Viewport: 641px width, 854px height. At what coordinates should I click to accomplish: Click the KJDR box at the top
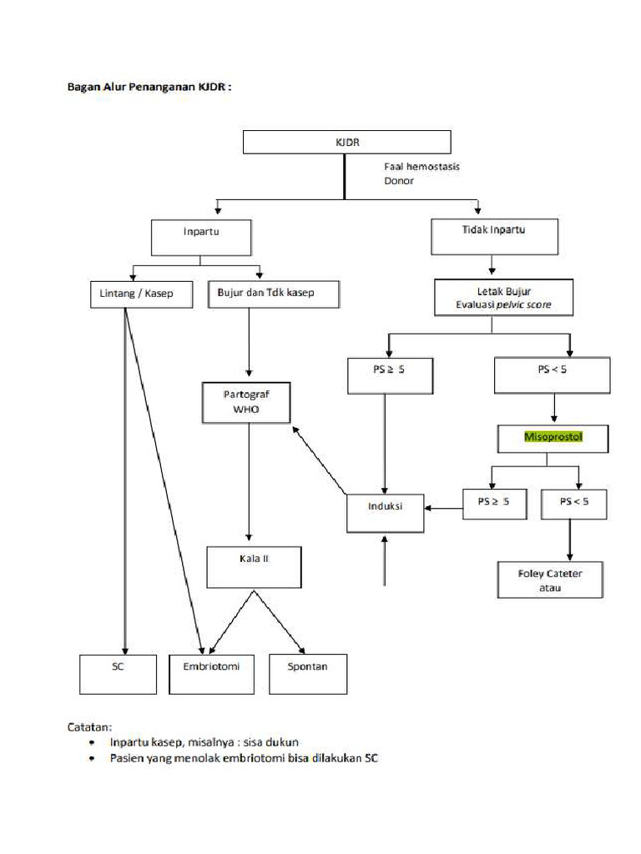point(346,142)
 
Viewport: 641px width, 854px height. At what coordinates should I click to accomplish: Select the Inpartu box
point(201,237)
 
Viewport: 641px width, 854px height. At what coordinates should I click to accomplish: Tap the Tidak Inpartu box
point(494,236)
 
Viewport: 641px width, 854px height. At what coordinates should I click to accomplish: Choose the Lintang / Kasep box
point(131,294)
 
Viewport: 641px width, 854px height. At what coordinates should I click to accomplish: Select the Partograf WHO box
point(246,403)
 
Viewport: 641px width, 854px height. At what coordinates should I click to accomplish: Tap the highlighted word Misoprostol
point(552,436)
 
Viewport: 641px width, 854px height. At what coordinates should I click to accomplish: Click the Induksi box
point(385,510)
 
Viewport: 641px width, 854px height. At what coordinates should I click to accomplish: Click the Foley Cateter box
point(550,580)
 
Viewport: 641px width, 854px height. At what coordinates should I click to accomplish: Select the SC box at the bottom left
point(118,674)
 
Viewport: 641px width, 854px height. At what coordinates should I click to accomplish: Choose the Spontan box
point(308,674)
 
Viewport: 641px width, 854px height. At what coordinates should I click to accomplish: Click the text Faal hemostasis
point(421,167)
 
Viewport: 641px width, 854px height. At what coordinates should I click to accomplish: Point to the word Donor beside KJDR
point(398,180)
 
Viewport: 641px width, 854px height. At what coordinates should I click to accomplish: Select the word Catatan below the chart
point(89,726)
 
